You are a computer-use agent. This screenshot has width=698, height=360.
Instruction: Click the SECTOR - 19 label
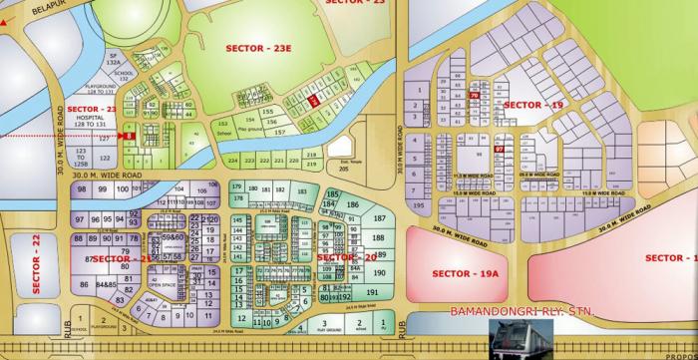pyautogui.click(x=534, y=105)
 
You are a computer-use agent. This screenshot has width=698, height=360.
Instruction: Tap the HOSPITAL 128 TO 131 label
pyautogui.click(x=91, y=121)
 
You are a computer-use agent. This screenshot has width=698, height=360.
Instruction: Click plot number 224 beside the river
pyautogui.click(x=232, y=161)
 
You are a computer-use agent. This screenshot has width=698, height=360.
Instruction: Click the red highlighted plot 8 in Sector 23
pyautogui.click(x=130, y=135)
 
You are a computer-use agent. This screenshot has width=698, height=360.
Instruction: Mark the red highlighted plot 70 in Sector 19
pyautogui.click(x=474, y=97)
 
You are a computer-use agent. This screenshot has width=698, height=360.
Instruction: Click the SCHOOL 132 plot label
pyautogui.click(x=123, y=76)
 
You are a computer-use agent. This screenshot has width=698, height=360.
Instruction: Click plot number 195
pyautogui.click(x=418, y=205)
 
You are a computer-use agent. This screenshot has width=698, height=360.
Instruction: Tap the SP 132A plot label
pyautogui.click(x=114, y=58)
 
